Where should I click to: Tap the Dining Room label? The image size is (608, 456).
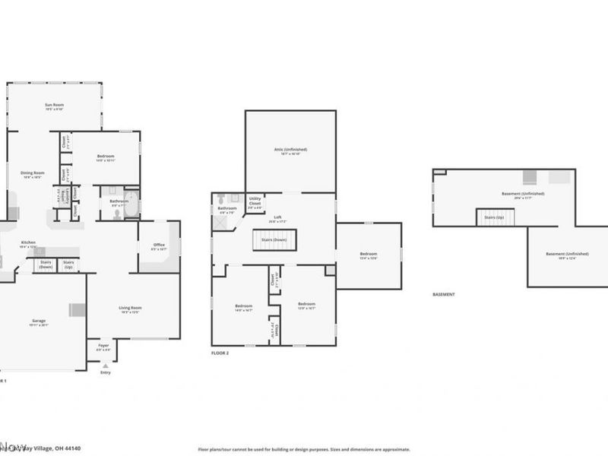tap(33, 174)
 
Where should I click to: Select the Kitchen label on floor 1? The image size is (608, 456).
tap(27, 244)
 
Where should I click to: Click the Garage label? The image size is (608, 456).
tap(38, 322)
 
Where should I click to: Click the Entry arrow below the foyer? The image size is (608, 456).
tap(104, 366)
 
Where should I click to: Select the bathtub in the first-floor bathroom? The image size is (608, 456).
tap(131, 204)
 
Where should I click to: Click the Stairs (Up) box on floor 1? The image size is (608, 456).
tap(68, 264)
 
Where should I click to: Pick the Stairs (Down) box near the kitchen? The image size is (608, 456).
tap(46, 264)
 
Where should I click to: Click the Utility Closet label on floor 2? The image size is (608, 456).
tap(255, 201)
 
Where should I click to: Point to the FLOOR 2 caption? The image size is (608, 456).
tap(220, 353)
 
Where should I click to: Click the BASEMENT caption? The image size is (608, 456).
tap(443, 294)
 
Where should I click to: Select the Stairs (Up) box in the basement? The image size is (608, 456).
tap(496, 218)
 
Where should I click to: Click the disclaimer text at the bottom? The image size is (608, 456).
tap(303, 449)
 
